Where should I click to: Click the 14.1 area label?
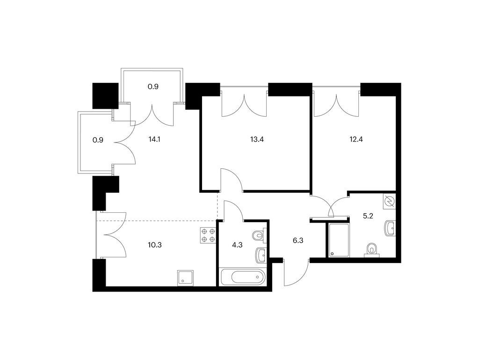pyautogui.click(x=154, y=140)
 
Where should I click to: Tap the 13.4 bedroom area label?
pyautogui.click(x=257, y=140)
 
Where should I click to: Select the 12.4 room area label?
pyautogui.click(x=356, y=140)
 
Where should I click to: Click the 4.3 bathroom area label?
pyautogui.click(x=237, y=245)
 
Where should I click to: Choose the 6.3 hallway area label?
pyautogui.click(x=298, y=240)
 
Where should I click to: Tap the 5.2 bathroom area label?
pyautogui.click(x=368, y=216)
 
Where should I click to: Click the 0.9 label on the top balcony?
pyautogui.click(x=153, y=87)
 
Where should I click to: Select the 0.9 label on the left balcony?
pyautogui.click(x=98, y=140)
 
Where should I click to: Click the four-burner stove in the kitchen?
pyautogui.click(x=208, y=235)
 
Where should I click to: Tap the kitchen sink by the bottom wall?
pyautogui.click(x=185, y=278)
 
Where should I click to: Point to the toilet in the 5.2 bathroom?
pyautogui.click(x=371, y=249)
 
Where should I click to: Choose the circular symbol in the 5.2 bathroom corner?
pyautogui.click(x=390, y=202)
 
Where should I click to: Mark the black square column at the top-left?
pyautogui.click(x=105, y=96)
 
